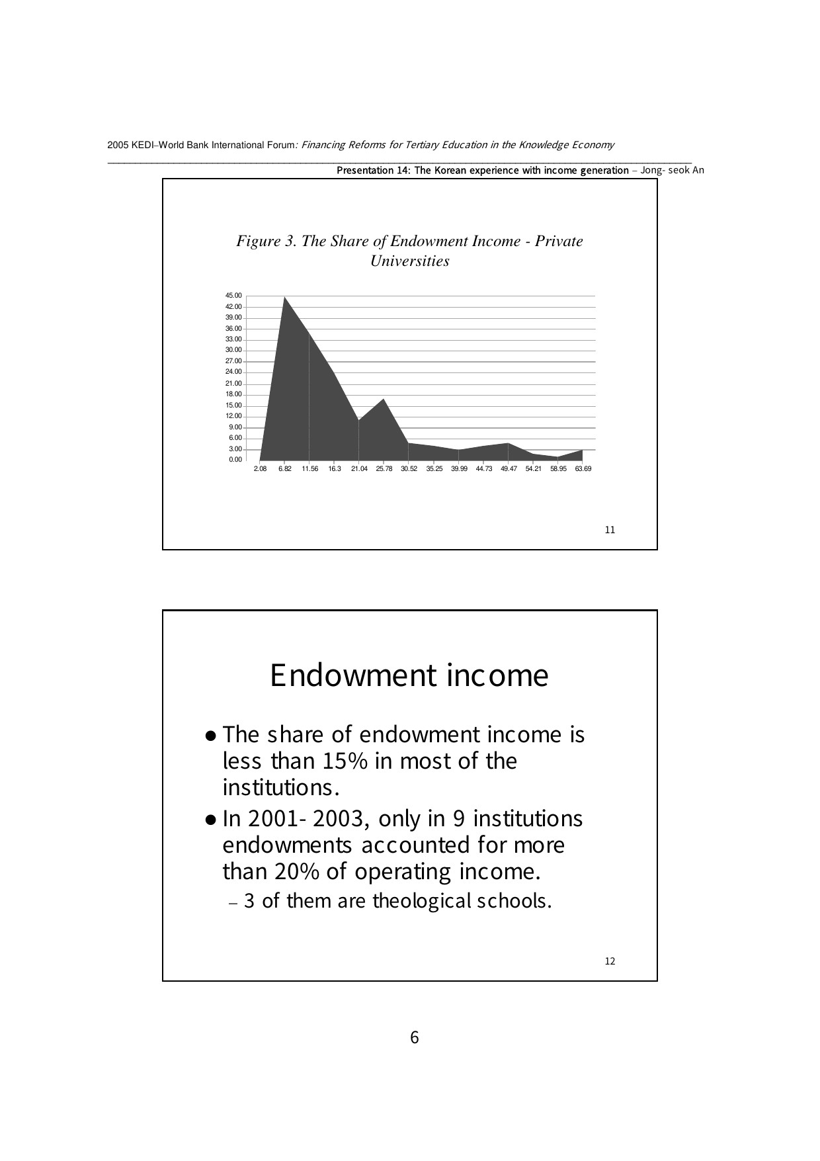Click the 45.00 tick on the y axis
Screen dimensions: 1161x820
233,296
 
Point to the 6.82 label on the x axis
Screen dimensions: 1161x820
285,469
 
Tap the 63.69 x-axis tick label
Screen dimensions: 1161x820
583,469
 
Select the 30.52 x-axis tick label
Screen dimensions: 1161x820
409,469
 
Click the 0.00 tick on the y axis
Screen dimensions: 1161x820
235,460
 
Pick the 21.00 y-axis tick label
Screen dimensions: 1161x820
233,384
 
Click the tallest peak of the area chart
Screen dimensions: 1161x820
285,297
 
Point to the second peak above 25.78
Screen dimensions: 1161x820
384,399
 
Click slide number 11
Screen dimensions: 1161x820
610,530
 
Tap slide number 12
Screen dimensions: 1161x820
610,961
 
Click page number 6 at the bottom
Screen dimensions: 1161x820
415,1037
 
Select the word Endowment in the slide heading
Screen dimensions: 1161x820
351,675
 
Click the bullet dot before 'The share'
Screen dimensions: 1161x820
210,736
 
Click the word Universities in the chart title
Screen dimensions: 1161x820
410,261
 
